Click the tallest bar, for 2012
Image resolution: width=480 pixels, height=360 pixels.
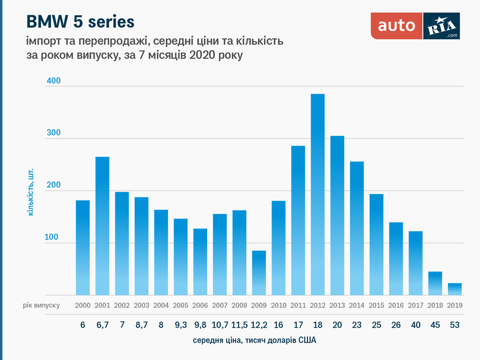coord(318,195)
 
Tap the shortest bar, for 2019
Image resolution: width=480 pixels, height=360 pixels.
coord(454,289)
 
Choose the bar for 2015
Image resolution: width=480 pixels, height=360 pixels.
coord(376,245)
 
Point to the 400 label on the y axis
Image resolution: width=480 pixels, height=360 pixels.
coord(54,81)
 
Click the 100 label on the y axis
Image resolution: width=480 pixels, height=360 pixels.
coord(54,238)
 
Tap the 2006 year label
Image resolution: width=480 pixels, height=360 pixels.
coord(200,305)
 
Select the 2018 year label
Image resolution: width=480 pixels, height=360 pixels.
coord(435,305)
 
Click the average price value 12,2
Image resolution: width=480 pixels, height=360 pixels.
coord(259,324)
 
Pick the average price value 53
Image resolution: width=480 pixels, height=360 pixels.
coord(454,324)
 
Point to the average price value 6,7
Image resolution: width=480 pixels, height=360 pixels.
coord(102,324)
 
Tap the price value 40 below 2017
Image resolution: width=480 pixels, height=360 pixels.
coord(416,324)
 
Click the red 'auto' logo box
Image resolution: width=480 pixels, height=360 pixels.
coord(396,26)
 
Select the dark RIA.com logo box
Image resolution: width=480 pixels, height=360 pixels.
coord(442,26)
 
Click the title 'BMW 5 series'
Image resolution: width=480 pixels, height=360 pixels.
coord(80,21)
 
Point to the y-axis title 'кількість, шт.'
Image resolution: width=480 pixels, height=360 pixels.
coord(31,190)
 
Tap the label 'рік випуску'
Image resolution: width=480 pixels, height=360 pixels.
coord(41,305)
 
